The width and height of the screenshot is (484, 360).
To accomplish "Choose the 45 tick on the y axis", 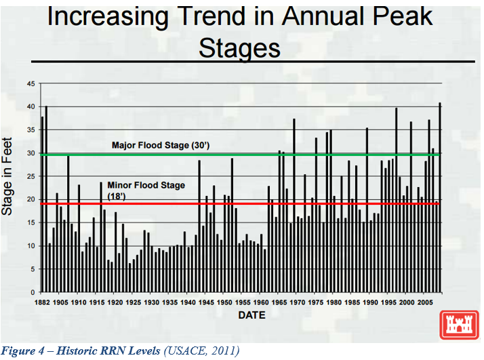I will pyautogui.click(x=31, y=84).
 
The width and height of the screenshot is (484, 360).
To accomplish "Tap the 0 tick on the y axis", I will pyautogui.click(x=33, y=292).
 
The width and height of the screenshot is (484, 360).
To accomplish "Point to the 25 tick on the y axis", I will pyautogui.click(x=31, y=176).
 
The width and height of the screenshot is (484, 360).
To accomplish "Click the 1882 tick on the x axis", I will pyautogui.click(x=42, y=302).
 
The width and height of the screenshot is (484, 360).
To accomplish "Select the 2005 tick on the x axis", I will pyautogui.click(x=425, y=302).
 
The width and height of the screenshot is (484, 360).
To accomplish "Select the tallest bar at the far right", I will pyautogui.click(x=439, y=197).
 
